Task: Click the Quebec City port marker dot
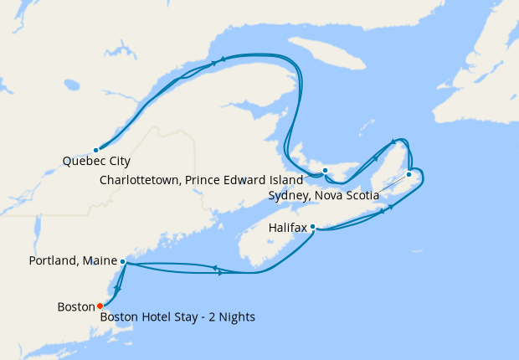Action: click(95, 150)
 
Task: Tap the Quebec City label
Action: click(96, 162)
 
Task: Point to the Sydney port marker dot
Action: click(409, 174)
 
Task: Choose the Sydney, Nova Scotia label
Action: click(323, 196)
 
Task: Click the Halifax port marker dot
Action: click(312, 226)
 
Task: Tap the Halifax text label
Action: click(289, 228)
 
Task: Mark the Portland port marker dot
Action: click(123, 261)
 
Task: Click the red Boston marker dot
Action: click(100, 306)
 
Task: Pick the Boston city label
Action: click(76, 307)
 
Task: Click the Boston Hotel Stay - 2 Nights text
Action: click(177, 317)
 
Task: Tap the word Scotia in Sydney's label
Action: click(362, 196)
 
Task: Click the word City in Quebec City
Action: click(118, 162)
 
